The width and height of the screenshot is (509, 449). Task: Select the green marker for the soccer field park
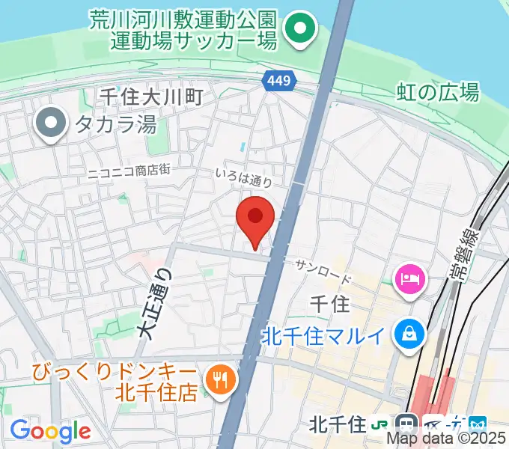coord(301,31)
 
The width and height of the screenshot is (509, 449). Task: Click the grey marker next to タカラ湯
coord(52,123)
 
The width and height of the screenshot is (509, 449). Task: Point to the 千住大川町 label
coord(151,96)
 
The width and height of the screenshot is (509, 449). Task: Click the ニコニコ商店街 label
coord(129,170)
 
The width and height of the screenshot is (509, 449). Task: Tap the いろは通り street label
coord(243,177)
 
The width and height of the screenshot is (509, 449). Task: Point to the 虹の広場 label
coord(438,92)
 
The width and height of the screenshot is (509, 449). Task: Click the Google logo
coord(50,430)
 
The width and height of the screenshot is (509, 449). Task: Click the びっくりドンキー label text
coord(112,371)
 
